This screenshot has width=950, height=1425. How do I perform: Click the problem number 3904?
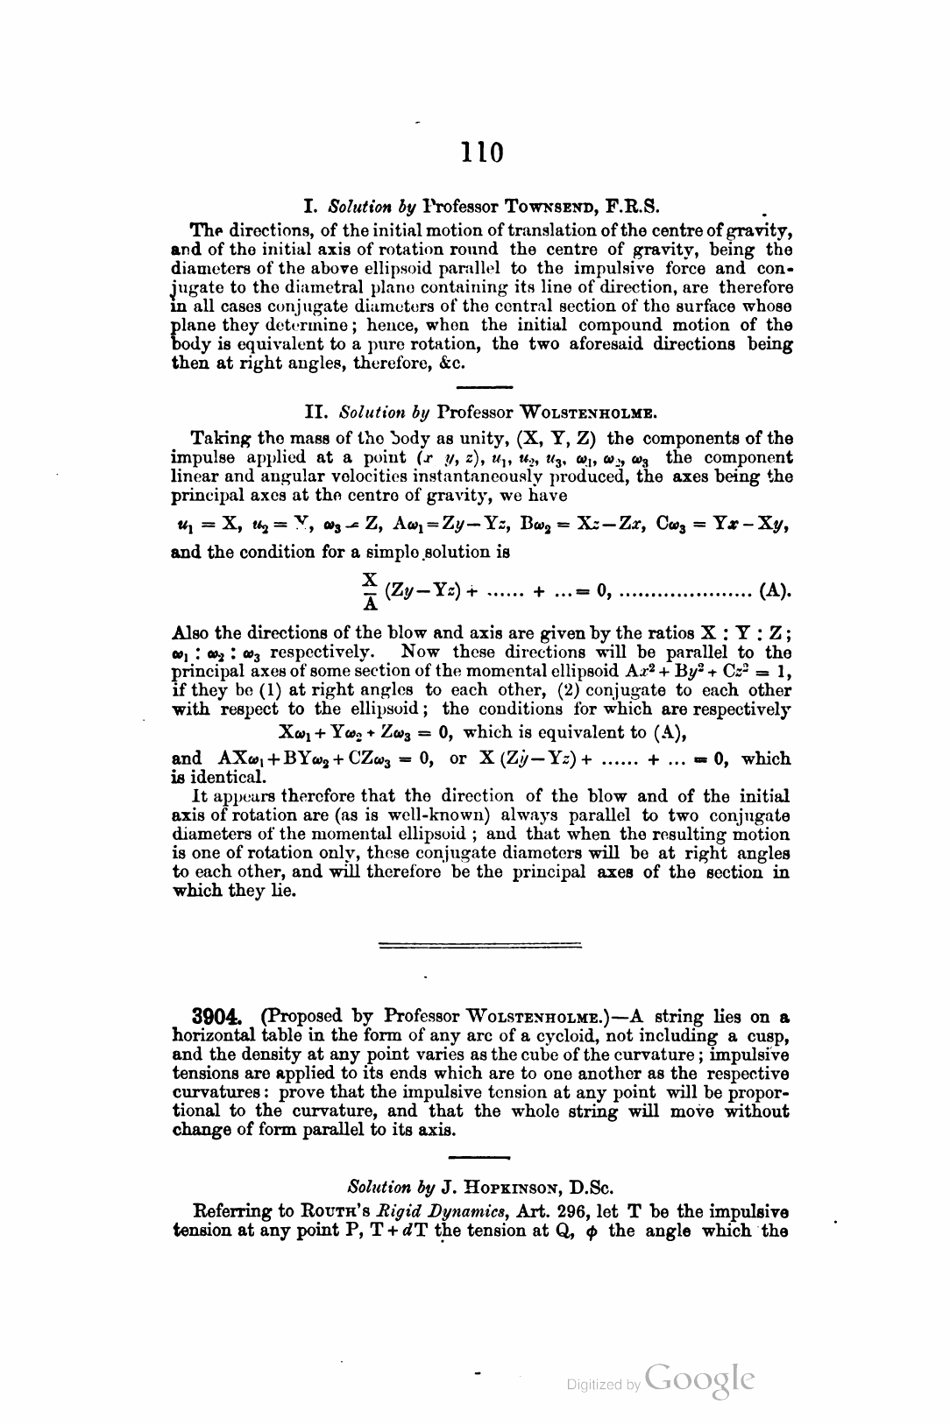[215, 1017]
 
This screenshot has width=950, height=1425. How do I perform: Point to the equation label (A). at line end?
[776, 590]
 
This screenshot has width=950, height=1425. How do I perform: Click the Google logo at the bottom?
[699, 1379]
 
